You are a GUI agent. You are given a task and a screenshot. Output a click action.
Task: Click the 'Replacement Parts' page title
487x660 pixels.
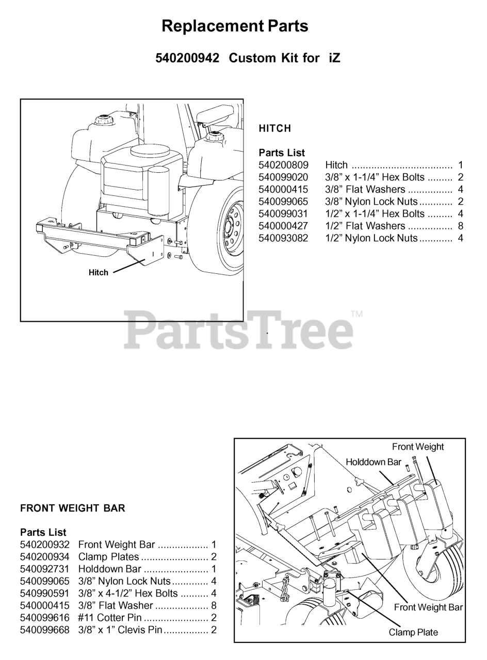click(235, 26)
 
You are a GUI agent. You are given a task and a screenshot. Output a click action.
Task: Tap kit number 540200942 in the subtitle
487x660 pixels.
click(187, 58)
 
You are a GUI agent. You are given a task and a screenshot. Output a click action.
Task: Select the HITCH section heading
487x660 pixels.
click(275, 128)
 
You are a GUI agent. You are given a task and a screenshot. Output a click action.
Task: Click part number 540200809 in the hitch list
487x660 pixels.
click(283, 165)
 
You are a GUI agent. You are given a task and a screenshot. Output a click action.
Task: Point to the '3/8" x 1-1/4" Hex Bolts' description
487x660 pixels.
click(375, 177)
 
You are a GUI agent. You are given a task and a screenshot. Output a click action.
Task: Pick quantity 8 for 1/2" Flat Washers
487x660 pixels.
click(461, 226)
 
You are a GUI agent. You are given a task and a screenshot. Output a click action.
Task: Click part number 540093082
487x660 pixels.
click(283, 238)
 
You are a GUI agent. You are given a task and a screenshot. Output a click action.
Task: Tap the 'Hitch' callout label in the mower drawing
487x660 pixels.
click(99, 273)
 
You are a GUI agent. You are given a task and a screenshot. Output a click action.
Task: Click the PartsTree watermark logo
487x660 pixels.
click(238, 331)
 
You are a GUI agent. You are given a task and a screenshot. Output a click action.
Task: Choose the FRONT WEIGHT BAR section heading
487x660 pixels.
click(73, 508)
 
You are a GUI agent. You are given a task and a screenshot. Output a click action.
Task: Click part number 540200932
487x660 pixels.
click(45, 544)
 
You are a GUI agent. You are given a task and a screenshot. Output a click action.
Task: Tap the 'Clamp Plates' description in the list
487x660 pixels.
click(108, 557)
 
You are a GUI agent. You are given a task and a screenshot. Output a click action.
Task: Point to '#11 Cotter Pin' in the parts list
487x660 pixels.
click(110, 617)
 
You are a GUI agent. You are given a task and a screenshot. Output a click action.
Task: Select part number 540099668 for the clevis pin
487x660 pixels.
click(45, 630)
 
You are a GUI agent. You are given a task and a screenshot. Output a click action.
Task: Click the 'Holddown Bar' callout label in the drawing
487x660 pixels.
click(374, 462)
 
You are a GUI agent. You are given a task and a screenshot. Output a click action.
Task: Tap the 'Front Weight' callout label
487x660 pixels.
click(418, 447)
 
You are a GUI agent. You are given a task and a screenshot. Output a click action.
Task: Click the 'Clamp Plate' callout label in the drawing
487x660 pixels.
click(413, 632)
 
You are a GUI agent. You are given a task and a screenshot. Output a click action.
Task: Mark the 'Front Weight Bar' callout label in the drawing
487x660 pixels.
click(428, 607)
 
